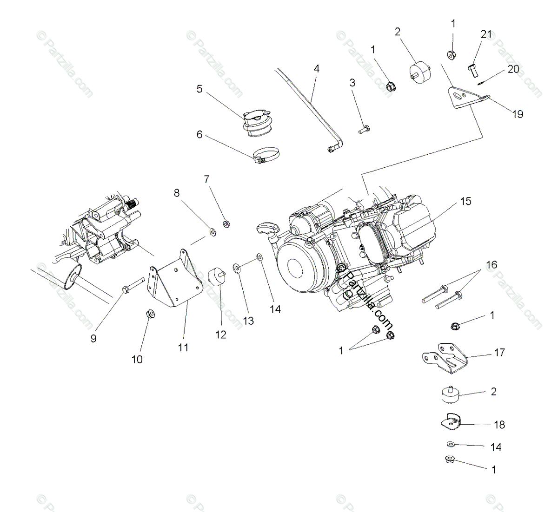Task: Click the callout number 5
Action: click(199, 89)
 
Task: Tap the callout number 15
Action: click(465, 201)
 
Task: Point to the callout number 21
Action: click(486, 34)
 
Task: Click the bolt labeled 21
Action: click(472, 72)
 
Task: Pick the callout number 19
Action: click(518, 114)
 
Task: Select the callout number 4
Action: click(316, 69)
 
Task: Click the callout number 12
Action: click(221, 335)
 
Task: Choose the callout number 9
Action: click(93, 338)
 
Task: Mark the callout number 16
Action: click(491, 265)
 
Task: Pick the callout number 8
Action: click(177, 192)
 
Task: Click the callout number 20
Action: click(513, 69)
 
